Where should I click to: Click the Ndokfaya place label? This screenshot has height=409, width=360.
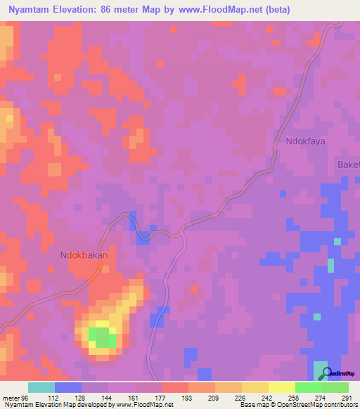[307, 141]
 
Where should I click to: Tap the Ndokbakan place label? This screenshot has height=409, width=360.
[84, 256]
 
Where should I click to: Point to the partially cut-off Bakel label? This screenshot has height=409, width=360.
[348, 164]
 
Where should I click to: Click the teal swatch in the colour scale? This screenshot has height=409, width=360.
[41, 387]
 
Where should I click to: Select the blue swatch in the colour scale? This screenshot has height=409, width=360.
[68, 387]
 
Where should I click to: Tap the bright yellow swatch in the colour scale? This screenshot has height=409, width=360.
[281, 387]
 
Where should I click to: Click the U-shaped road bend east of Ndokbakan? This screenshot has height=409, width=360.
[143, 237]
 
